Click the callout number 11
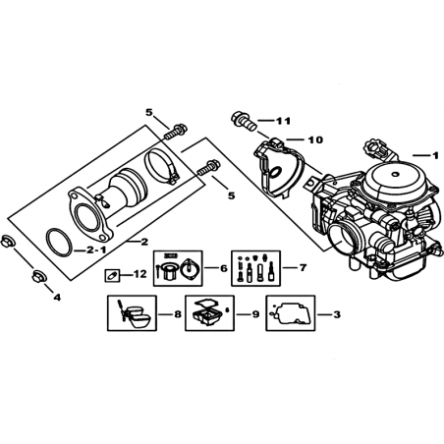pos(283,121)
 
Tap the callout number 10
pos(315,139)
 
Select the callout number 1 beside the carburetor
pos(435,155)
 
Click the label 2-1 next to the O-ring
pos(97,250)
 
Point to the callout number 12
pos(139,274)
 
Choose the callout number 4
pos(57,298)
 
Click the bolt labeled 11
pos(244,121)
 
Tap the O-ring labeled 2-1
pos(60,243)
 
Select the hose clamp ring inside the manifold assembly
pos(161,166)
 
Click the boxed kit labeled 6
pos(178,268)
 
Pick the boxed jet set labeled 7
pos(255,268)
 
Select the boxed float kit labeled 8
pos(132,313)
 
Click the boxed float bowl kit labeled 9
pos(209,313)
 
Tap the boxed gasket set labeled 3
pos(291,313)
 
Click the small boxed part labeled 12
pos(112,275)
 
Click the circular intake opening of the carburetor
pos(344,237)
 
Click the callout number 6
pos(224,268)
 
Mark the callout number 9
pos(255,314)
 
